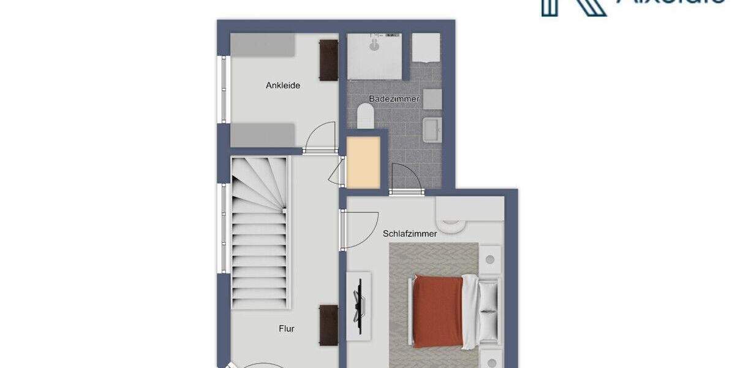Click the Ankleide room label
(283, 86)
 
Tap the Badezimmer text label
(394, 99)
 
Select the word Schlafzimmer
(410, 234)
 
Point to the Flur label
(286, 329)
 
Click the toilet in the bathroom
(366, 115)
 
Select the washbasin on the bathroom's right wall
(432, 129)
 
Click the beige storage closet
(363, 163)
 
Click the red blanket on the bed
(437, 312)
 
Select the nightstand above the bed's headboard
(490, 259)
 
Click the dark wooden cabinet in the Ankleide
(328, 60)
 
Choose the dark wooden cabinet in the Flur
(328, 325)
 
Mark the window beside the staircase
(224, 227)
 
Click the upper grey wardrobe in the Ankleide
(262, 45)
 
